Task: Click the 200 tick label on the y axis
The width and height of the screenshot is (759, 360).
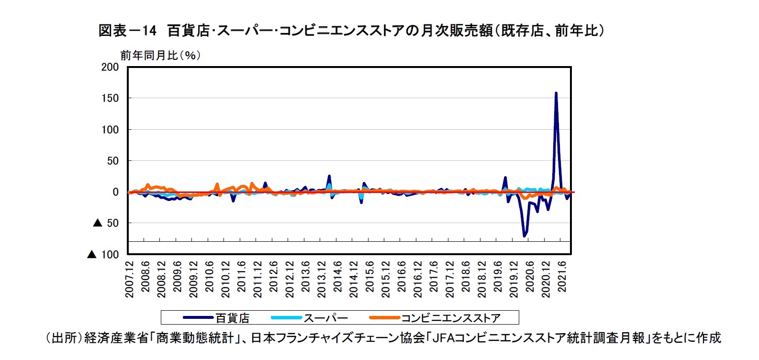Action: [x=110, y=67]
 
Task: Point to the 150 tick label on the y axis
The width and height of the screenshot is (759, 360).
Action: [x=110, y=98]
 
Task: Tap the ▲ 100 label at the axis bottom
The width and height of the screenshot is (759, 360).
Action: [x=103, y=255]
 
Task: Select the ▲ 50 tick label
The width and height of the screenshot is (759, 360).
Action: [x=106, y=223]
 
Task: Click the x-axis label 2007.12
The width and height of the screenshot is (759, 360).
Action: [x=130, y=279]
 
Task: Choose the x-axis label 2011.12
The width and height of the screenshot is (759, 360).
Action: [x=258, y=279]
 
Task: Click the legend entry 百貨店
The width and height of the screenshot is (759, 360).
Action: [x=233, y=318]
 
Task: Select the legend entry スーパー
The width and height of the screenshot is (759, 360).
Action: [x=326, y=318]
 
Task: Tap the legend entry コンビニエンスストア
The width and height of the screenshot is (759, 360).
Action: [x=450, y=318]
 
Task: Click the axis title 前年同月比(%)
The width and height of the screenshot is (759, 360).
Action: [x=160, y=56]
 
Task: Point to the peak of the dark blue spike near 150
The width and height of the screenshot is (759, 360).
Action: [x=556, y=93]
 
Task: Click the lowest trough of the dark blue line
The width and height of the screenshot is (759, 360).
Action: [x=525, y=236]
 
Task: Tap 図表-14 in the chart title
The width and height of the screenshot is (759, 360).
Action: [x=127, y=31]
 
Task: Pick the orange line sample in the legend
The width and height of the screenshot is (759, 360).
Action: [x=384, y=318]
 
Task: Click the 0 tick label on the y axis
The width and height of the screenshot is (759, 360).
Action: [x=115, y=192]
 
